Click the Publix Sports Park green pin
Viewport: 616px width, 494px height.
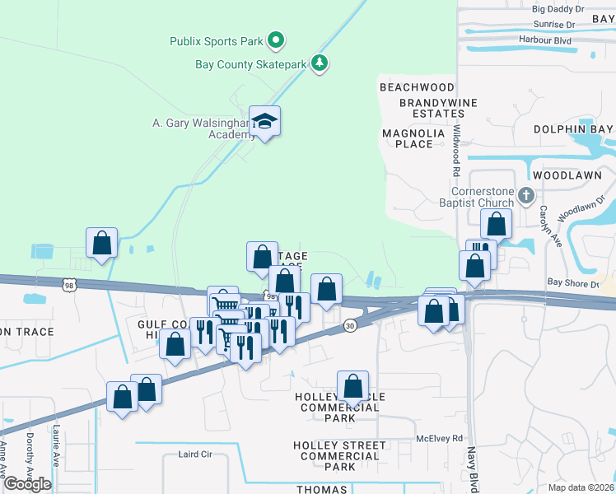tap(277, 40)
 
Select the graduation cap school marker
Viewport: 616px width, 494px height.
tap(265, 123)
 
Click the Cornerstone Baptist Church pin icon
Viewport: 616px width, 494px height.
tap(527, 194)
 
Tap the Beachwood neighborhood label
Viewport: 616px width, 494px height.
tap(417, 87)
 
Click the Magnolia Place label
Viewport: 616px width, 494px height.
tap(413, 138)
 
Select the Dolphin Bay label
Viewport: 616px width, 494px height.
tap(573, 129)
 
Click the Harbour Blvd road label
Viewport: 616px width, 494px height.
tap(545, 39)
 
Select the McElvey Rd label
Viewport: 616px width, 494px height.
tap(440, 439)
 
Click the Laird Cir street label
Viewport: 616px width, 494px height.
tap(196, 454)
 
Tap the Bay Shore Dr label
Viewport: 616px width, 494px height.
tap(572, 282)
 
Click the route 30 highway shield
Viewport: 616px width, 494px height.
tap(351, 327)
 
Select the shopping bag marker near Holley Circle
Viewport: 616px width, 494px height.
tap(352, 386)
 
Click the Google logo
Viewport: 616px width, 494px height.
tap(27, 483)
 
